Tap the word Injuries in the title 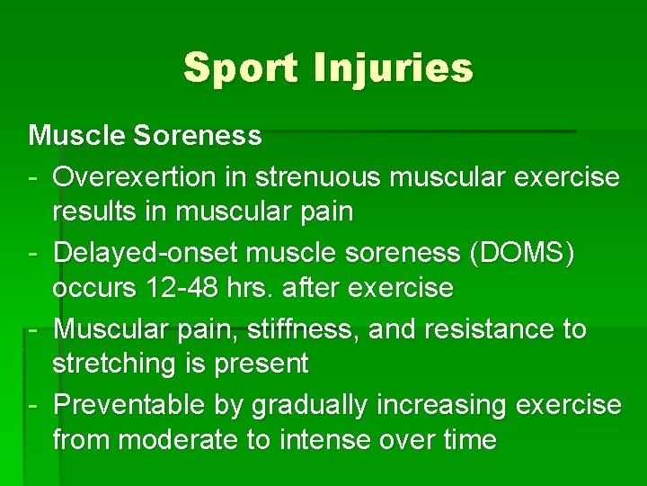click(394, 67)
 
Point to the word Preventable click(129, 405)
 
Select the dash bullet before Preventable click(34, 406)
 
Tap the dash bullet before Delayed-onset click(34, 255)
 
